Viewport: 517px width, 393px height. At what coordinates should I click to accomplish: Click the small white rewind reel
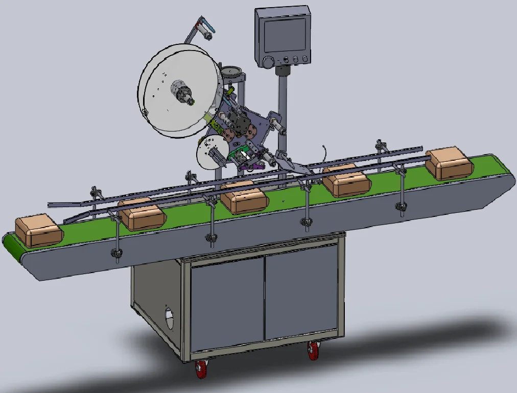point(211,152)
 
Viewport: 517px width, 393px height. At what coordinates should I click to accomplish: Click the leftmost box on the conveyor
point(38,232)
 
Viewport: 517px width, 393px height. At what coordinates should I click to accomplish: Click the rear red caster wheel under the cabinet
point(313,351)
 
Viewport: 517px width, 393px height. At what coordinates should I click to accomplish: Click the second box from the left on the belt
point(143,214)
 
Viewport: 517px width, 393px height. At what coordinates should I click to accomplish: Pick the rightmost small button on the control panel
point(305,59)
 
